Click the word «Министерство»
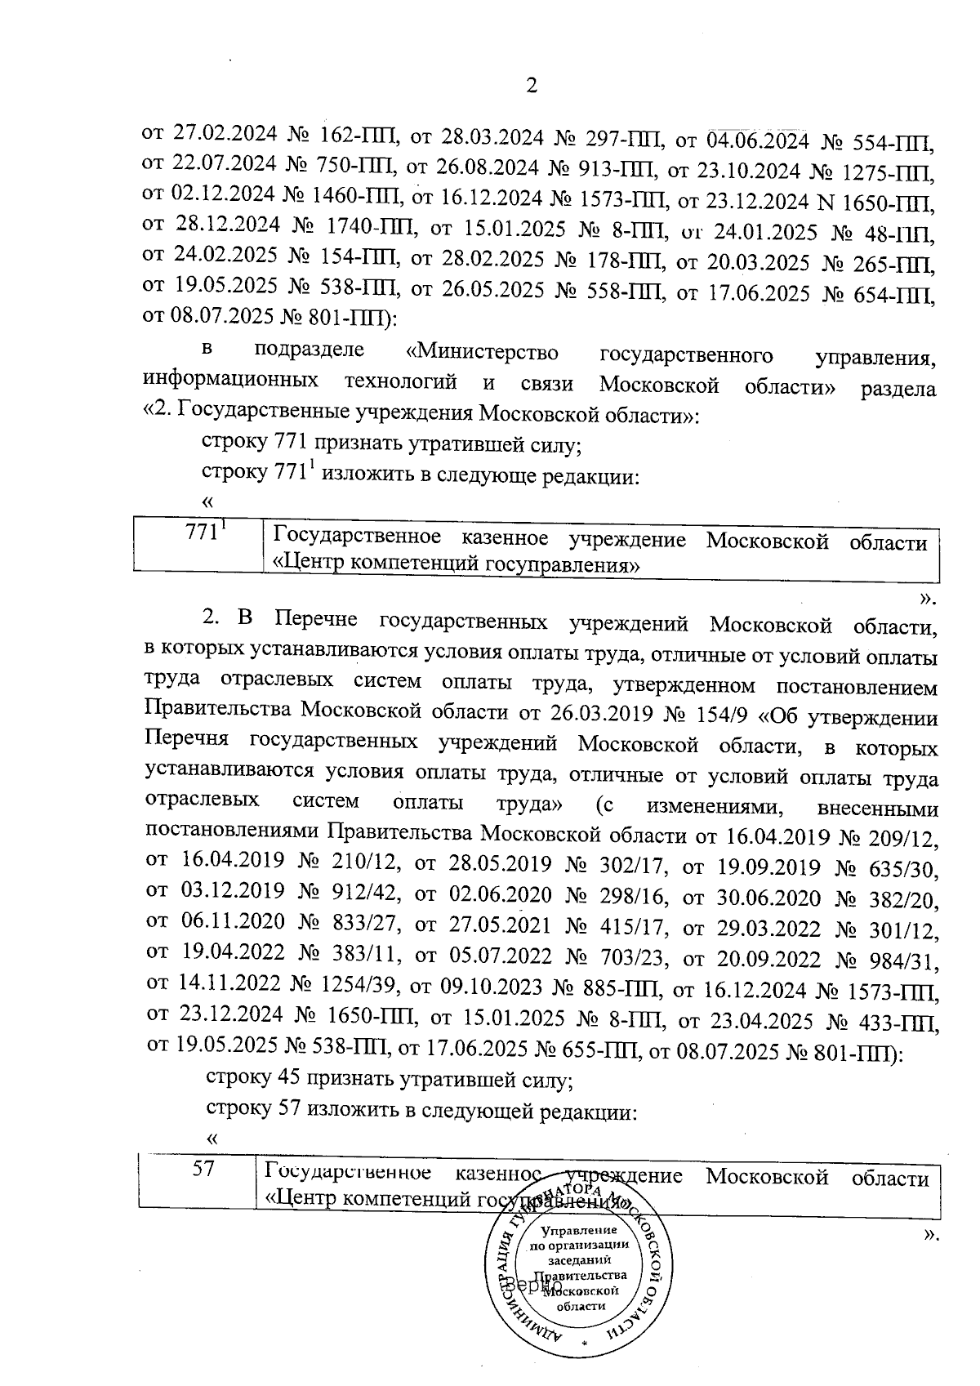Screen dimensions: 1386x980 coord(483,353)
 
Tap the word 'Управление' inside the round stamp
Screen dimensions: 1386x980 coord(579,1230)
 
